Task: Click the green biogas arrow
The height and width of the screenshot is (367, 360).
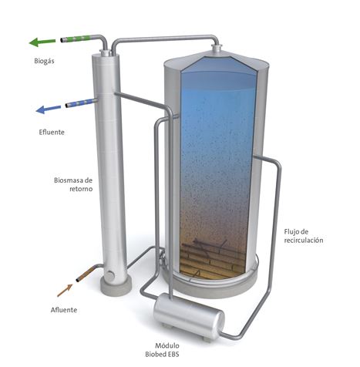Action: (x=42, y=42)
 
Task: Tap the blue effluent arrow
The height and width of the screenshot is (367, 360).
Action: (x=49, y=109)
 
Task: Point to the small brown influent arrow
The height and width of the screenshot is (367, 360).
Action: (x=65, y=290)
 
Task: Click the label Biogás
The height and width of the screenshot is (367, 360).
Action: (x=44, y=61)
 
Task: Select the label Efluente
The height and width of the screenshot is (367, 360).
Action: (x=52, y=132)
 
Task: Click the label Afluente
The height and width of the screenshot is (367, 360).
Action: (x=64, y=310)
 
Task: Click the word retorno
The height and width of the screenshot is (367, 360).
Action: (x=81, y=189)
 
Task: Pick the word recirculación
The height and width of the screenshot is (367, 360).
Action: (x=304, y=241)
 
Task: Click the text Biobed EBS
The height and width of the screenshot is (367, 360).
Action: (x=162, y=354)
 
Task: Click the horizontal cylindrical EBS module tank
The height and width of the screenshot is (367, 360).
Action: (x=189, y=316)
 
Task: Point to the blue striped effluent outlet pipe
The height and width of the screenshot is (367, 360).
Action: (x=80, y=103)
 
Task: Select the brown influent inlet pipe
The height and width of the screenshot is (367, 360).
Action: (x=86, y=274)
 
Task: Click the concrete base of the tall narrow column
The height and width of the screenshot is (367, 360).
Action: (x=116, y=286)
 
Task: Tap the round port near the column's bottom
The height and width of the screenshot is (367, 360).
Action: (x=110, y=274)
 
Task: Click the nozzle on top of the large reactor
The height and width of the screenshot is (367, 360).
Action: (x=217, y=49)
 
